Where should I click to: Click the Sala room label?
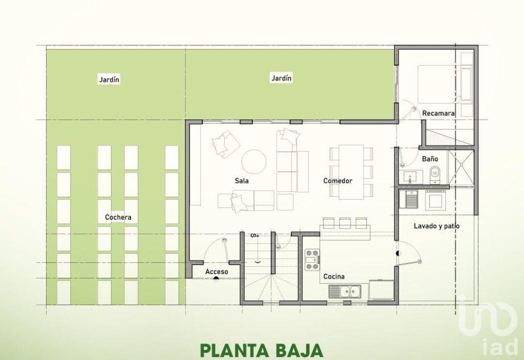[242, 181]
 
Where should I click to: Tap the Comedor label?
[337, 181]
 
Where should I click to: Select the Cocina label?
[334, 277]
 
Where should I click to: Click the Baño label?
[430, 159]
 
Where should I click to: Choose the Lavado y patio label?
[436, 225]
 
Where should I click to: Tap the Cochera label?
[118, 217]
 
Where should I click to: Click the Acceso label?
[216, 271]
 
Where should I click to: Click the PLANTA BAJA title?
[261, 350]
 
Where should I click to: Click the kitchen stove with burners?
[312, 260]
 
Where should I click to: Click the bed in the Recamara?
[440, 84]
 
